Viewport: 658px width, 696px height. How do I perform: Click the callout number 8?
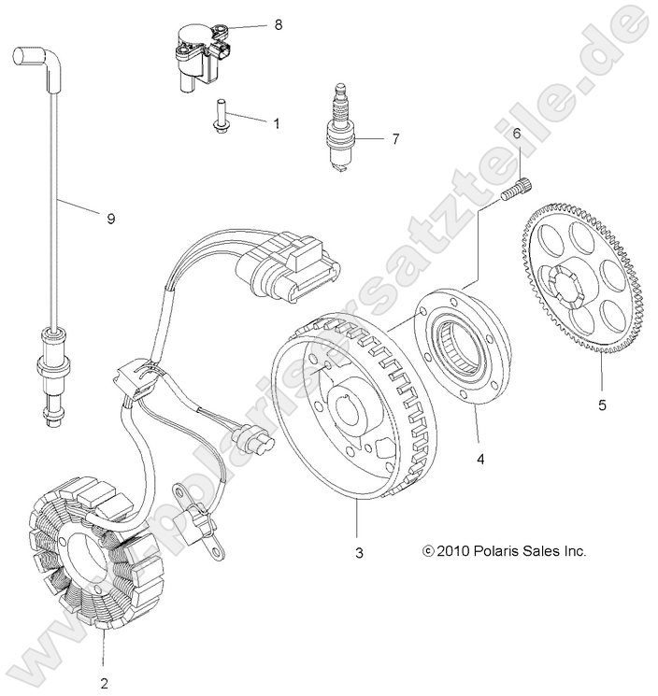click(278, 26)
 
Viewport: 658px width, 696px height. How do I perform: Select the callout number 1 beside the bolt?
click(276, 121)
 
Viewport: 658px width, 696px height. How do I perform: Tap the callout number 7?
click(394, 139)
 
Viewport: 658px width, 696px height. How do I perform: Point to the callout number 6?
click(515, 135)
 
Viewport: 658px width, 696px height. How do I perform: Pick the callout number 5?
click(602, 405)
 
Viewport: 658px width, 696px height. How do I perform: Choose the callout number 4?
click(479, 460)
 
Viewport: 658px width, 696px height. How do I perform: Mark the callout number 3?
click(359, 554)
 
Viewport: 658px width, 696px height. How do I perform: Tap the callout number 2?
click(104, 682)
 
